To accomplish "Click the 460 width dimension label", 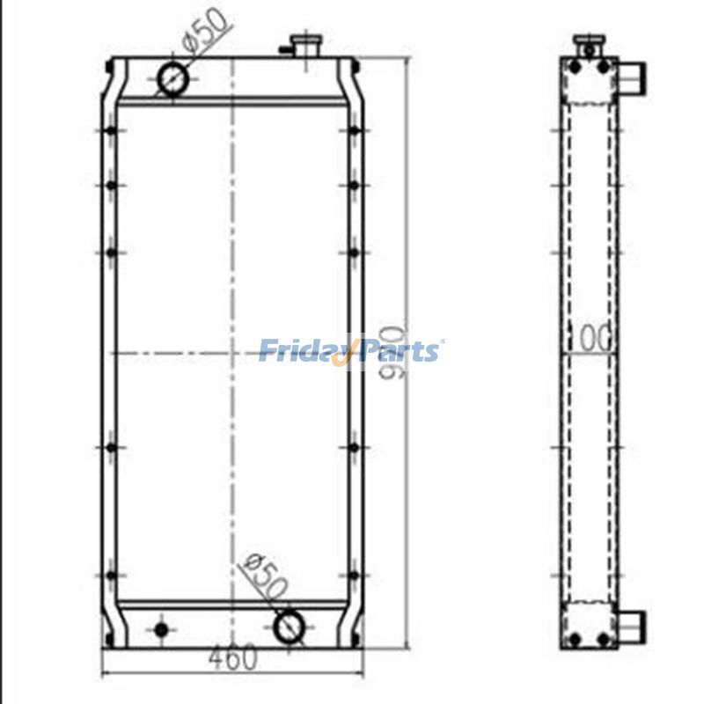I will pyautogui.click(x=233, y=656).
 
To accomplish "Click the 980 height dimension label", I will pyautogui.click(x=393, y=352).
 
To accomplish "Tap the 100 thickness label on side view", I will pyautogui.click(x=590, y=337).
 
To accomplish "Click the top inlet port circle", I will pyautogui.click(x=172, y=79).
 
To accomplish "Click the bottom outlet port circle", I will pyautogui.click(x=289, y=627).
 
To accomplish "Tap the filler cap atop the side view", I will pyautogui.click(x=587, y=44).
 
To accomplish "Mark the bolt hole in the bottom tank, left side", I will pyautogui.click(x=160, y=629).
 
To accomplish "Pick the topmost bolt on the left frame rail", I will pyautogui.click(x=111, y=131).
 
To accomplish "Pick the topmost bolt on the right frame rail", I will pyautogui.click(x=354, y=131).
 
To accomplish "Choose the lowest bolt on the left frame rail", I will pyautogui.click(x=111, y=576).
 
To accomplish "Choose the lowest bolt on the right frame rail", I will pyautogui.click(x=354, y=576).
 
